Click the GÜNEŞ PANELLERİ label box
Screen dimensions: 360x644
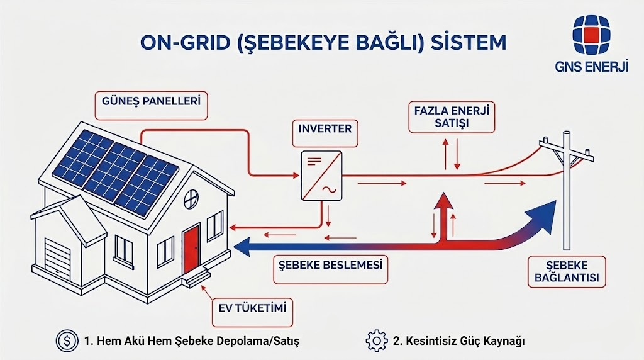point(151,106)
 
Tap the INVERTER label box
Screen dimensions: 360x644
point(325,129)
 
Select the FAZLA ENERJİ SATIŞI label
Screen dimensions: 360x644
point(450,117)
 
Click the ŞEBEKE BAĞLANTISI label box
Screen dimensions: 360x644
point(562,272)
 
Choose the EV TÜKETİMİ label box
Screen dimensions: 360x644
point(252,308)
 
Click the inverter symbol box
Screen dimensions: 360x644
point(321,176)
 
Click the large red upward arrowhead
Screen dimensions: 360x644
point(446,203)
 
